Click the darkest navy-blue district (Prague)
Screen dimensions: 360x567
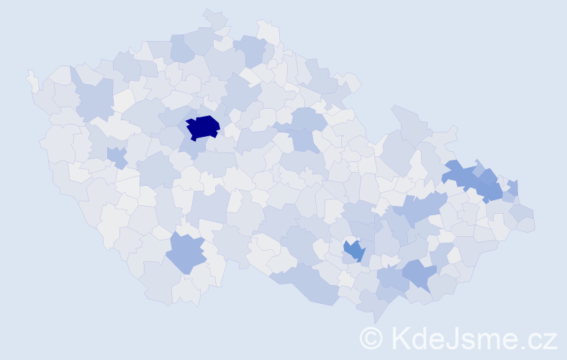[203, 127]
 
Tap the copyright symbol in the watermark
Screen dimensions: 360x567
[371, 338]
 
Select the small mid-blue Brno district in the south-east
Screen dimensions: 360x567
[354, 251]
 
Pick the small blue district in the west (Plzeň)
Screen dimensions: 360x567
[116, 156]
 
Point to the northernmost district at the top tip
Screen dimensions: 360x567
[214, 19]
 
